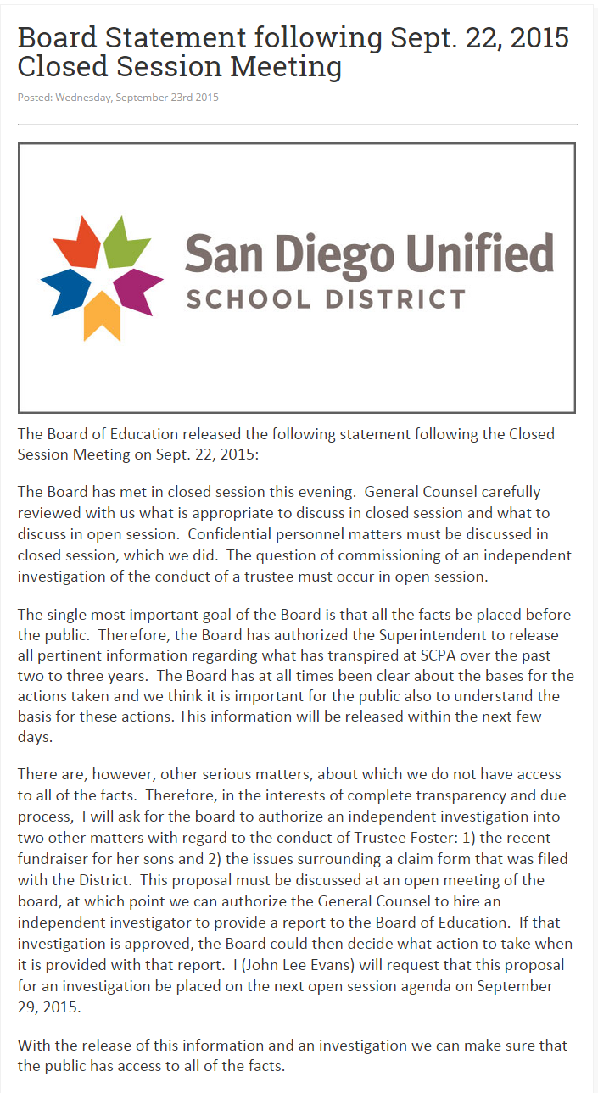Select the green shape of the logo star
(123, 241)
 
